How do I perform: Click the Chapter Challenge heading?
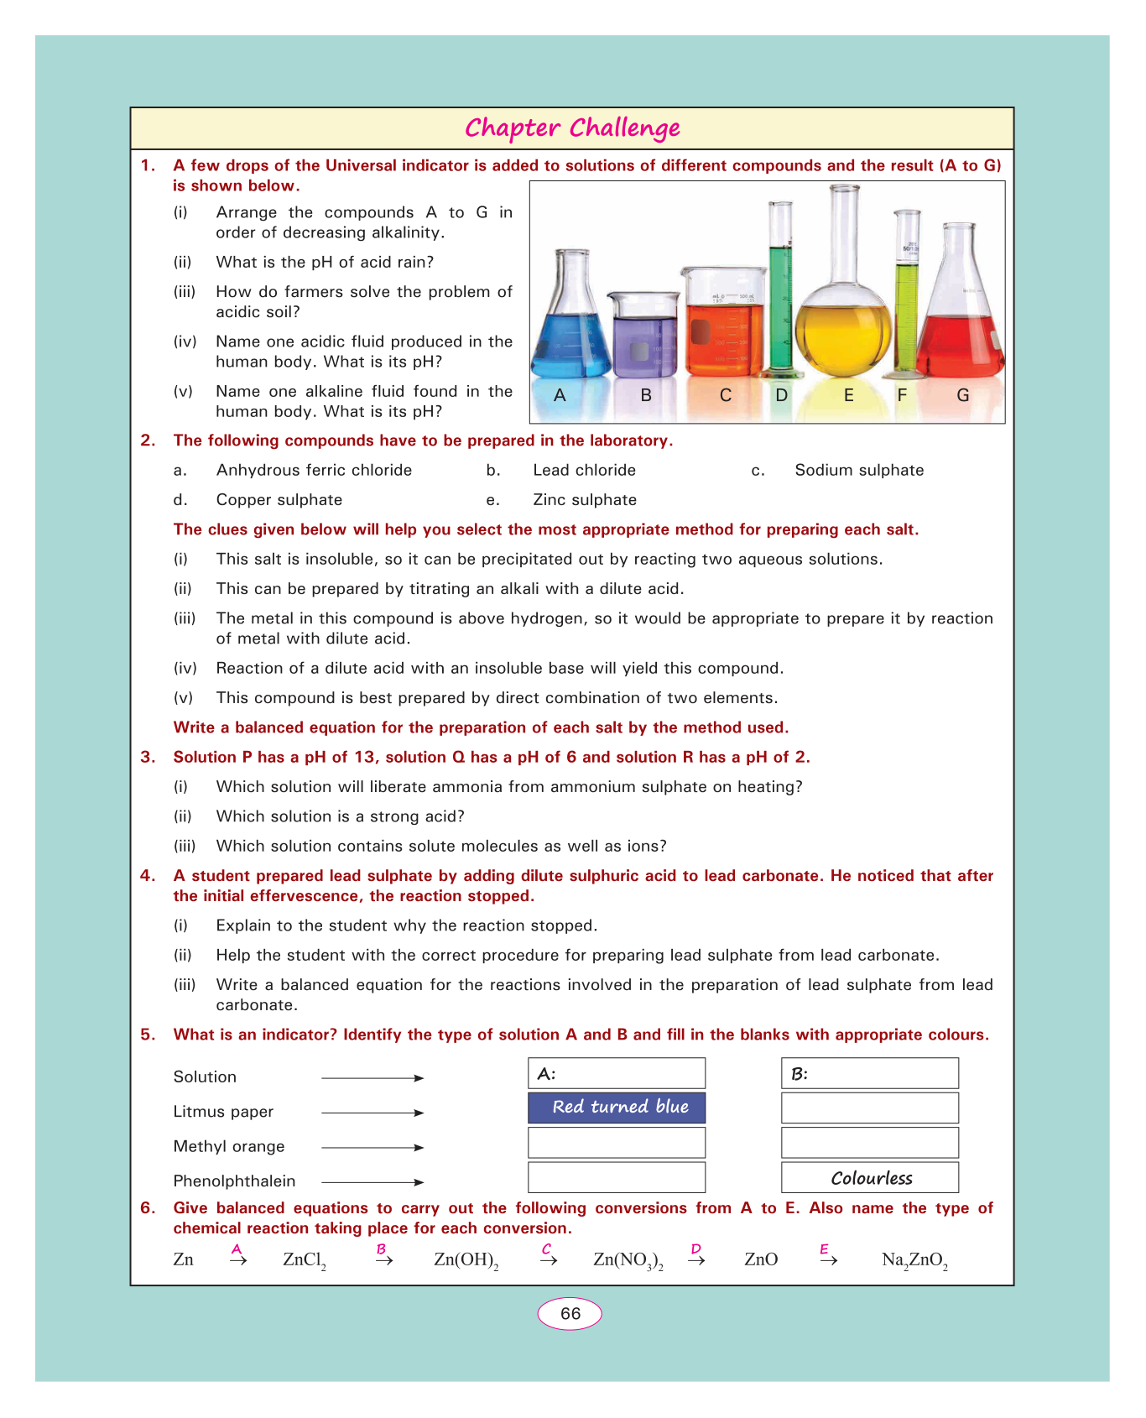point(572,128)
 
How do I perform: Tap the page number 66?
point(570,1314)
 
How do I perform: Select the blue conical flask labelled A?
point(570,336)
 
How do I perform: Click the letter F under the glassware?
point(902,395)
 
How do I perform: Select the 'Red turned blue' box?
point(617,1108)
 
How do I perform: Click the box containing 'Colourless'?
point(870,1178)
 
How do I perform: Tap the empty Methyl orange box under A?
point(617,1143)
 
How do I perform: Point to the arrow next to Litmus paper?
point(372,1113)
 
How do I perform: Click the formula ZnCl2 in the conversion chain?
point(305,1260)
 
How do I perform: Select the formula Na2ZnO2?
point(914,1260)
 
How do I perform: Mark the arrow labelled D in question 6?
point(696,1259)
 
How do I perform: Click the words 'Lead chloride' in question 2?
point(584,471)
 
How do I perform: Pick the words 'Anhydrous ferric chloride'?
point(314,471)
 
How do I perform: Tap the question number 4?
point(148,876)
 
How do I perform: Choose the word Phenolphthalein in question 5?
point(234,1181)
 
